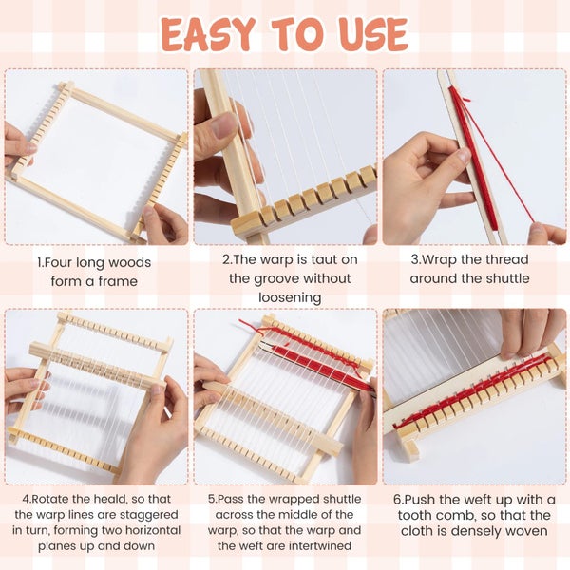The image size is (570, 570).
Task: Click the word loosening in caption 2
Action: [x=285, y=297]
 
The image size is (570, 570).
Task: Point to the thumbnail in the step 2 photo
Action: [x=226, y=124]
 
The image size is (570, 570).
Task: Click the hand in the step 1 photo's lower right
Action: [x=168, y=224]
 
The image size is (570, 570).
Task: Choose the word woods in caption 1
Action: [x=129, y=262]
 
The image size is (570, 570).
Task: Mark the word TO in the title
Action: [x=292, y=34]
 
